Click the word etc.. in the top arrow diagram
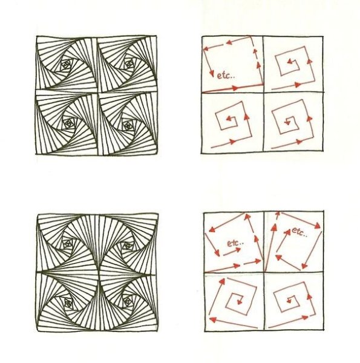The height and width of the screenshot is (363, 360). click(x=226, y=76)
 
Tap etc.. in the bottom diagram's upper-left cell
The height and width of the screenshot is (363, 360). click(x=235, y=243)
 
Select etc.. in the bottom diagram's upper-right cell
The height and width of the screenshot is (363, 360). click(x=299, y=232)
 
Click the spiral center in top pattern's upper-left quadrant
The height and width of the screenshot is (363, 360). click(x=66, y=64)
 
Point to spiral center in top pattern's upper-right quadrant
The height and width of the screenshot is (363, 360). click(x=128, y=63)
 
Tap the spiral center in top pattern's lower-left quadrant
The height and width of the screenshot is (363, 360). click(x=68, y=122)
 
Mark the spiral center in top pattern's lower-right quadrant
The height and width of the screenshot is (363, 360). click(x=127, y=126)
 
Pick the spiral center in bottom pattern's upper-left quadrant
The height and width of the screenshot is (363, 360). click(x=67, y=243)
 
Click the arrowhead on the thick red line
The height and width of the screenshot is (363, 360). click(x=235, y=88)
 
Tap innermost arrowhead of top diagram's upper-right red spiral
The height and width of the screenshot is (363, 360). click(x=289, y=62)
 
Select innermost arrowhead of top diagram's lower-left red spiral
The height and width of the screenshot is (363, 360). click(x=229, y=119)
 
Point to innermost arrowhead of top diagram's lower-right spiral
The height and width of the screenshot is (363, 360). click(x=287, y=122)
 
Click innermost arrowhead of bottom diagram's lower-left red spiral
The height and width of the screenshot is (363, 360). click(x=240, y=301)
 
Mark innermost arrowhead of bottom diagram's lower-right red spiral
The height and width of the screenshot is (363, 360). click(x=289, y=301)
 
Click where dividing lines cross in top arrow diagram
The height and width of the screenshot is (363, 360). click(x=263, y=93)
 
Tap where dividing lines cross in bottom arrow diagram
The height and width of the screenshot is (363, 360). click(x=264, y=272)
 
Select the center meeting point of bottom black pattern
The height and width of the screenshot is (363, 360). click(x=99, y=272)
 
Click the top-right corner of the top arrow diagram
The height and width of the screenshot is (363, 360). click(x=322, y=36)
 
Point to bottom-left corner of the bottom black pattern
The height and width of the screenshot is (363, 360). click(x=39, y=331)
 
